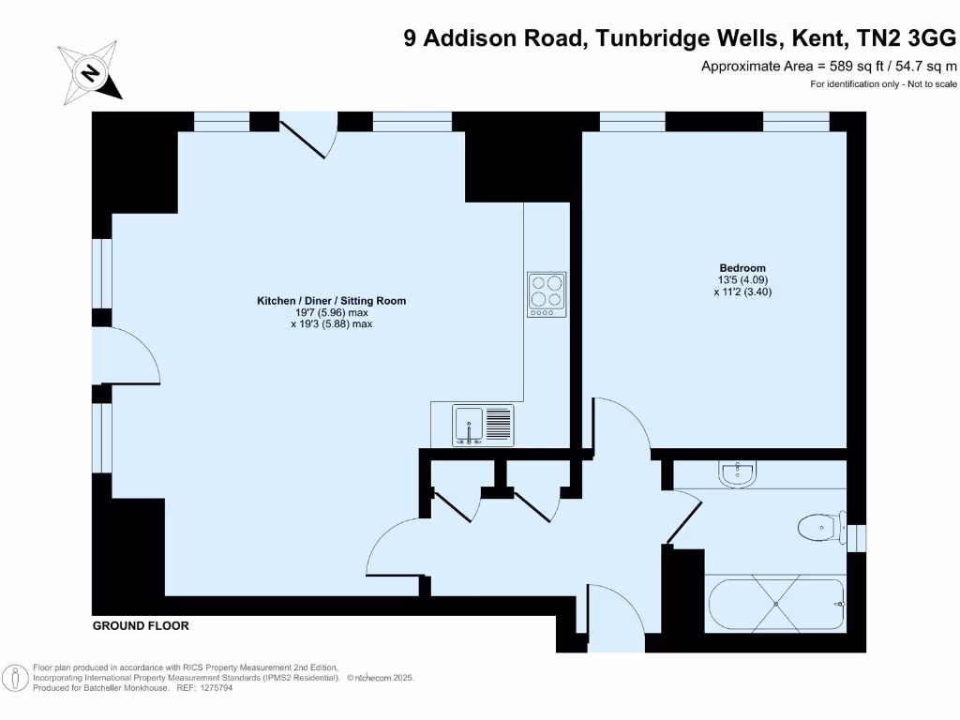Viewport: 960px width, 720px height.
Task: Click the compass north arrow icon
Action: pyautogui.click(x=90, y=71)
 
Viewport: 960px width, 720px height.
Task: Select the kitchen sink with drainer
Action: pyautogui.click(x=484, y=425)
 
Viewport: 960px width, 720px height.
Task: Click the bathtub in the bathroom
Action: pyautogui.click(x=774, y=605)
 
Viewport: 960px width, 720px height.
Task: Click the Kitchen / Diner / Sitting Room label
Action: pyautogui.click(x=332, y=301)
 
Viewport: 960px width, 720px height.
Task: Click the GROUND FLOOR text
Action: pyautogui.click(x=141, y=625)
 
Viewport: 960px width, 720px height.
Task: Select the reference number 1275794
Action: pyautogui.click(x=213, y=687)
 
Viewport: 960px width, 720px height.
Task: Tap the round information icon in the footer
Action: pyautogui.click(x=14, y=677)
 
